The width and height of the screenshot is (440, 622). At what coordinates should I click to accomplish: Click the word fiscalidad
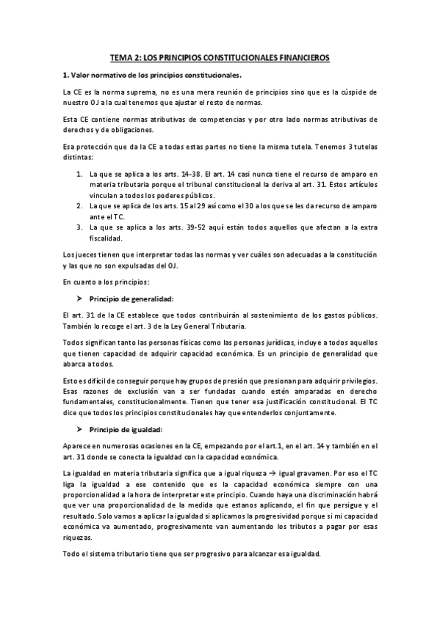(x=107, y=238)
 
